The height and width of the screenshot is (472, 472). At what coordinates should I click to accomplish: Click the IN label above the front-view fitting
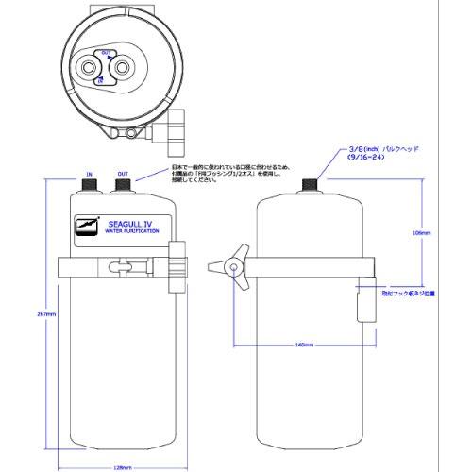pos(90,174)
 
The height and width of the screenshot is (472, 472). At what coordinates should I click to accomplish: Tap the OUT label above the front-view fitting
pos(123,174)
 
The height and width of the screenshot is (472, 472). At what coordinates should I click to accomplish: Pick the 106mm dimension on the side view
pos(421,231)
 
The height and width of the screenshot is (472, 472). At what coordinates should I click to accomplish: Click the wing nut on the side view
pos(231,267)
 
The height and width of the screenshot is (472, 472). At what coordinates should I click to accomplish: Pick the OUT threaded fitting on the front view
pos(123,187)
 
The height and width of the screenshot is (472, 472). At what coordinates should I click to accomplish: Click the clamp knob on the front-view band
pos(176,266)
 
